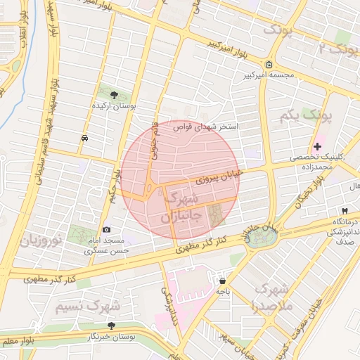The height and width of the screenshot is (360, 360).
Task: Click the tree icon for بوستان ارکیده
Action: coord(115,95)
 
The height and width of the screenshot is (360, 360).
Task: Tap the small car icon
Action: coord(84,138)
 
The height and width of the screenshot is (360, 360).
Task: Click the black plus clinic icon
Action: coord(317,147)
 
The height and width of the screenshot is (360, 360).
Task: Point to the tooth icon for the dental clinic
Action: coord(345,210)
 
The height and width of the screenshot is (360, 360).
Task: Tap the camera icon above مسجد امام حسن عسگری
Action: coord(107,229)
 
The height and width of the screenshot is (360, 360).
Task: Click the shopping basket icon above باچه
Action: coord(222,281)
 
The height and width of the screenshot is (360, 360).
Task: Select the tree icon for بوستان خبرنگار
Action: coord(111,326)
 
